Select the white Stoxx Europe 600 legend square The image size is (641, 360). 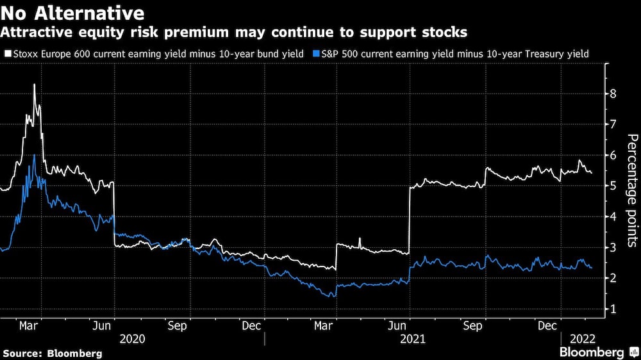point(6,54)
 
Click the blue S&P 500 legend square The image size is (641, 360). point(315,54)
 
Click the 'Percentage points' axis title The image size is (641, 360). point(631,190)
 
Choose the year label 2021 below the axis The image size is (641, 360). point(412,338)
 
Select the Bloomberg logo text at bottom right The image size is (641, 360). point(592,352)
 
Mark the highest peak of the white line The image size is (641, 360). point(34,85)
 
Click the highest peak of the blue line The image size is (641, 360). point(34,155)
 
